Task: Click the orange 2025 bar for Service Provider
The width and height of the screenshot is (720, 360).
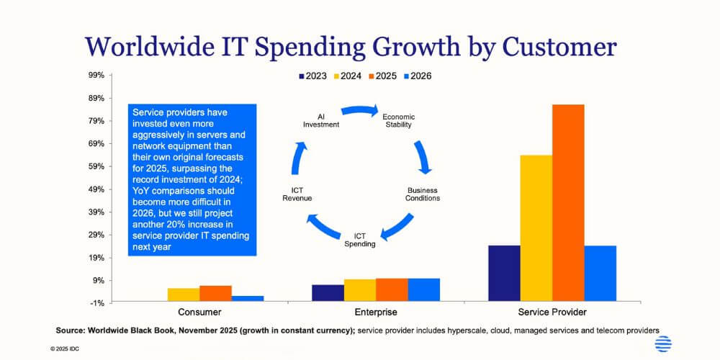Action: (568, 202)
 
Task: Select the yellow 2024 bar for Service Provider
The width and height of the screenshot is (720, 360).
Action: (536, 228)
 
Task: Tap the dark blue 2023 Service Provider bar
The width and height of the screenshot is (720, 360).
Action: (504, 273)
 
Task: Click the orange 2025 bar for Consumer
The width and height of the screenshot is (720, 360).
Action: (215, 293)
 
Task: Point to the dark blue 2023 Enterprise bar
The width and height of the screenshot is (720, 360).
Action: (328, 292)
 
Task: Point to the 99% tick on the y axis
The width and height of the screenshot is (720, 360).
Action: (96, 75)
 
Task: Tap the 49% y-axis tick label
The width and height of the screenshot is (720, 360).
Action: (96, 189)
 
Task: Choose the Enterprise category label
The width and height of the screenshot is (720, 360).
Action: (375, 312)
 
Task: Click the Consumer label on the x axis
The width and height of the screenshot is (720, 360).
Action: (199, 312)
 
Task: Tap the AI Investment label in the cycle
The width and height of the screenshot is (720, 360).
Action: (321, 120)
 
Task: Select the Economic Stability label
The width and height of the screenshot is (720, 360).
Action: (398, 120)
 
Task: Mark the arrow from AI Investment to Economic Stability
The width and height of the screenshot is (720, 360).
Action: (359, 110)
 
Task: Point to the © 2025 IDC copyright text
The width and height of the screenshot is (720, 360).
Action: (68, 348)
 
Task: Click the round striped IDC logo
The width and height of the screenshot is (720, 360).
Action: (663, 344)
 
